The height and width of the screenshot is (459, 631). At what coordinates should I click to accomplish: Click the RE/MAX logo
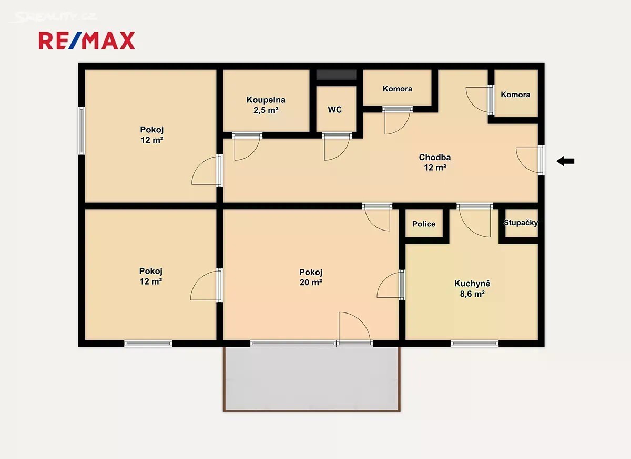pos(87,40)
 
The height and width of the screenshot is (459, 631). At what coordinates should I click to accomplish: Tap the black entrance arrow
pos(565,161)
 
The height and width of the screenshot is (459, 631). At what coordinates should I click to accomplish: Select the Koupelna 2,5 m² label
pos(266,105)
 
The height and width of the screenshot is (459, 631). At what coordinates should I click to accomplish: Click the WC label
pos(334,109)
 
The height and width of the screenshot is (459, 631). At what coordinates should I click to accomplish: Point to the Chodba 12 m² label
pos(435,162)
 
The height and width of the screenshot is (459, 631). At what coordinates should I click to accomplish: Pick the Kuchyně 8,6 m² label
pos(472,288)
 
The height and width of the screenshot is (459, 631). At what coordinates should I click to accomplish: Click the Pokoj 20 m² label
pos(311,277)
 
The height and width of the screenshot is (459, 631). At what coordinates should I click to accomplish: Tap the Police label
pos(424,224)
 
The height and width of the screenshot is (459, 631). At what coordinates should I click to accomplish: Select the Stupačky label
pos(521,223)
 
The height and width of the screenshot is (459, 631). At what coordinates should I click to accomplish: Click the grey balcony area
pos(311,379)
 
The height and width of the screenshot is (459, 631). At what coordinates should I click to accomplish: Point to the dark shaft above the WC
pos(336,75)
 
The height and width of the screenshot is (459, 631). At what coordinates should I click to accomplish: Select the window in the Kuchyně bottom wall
pos(475,343)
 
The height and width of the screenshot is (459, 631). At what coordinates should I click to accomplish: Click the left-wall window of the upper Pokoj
pos(82,131)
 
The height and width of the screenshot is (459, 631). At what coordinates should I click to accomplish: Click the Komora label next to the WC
pos(397,89)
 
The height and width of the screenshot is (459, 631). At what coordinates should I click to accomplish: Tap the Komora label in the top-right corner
pos(515,95)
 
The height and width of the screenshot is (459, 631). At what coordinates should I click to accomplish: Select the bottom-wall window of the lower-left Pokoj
pos(148,343)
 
